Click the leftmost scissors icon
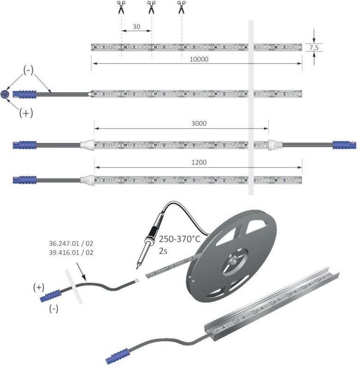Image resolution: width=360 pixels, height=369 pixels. [121, 7]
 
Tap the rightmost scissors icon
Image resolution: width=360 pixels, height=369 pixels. [181, 7]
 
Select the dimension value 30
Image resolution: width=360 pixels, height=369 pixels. [136, 27]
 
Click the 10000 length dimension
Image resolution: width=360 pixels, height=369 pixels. [199, 59]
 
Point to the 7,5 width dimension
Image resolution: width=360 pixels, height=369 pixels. [314, 48]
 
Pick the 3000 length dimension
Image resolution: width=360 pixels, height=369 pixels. [199, 123]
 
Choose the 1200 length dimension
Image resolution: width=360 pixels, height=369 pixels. [199, 162]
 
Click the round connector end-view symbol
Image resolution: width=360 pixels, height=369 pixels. [5, 94]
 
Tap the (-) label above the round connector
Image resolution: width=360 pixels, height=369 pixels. [28, 70]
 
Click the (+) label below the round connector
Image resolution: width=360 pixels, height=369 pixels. [26, 113]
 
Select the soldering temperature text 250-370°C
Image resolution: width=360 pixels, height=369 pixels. [180, 239]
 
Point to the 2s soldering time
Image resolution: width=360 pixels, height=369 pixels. [163, 251]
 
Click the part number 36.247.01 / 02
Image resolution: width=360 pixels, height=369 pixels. [71, 244]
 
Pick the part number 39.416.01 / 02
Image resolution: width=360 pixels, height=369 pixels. [71, 252]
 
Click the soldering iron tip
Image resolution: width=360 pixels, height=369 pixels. [137, 268]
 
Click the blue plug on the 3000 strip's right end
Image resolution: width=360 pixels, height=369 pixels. [344, 145]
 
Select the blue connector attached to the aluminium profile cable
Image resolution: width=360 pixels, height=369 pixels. [118, 356]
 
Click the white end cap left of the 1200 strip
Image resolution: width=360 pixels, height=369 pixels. [87, 180]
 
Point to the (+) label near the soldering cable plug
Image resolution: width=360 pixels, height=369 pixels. [39, 287]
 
